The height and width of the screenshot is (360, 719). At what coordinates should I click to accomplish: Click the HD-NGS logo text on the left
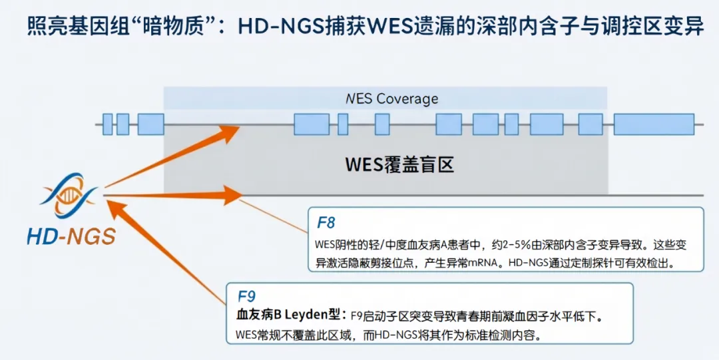71,236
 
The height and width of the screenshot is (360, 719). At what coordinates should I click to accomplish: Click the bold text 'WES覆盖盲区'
399,164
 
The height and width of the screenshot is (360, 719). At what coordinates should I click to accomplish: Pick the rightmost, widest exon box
653,124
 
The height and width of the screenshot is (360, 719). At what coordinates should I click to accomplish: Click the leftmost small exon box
108,124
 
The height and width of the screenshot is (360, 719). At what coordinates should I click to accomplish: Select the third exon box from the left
151,124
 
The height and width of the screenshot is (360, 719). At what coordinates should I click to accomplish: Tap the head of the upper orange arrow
230,132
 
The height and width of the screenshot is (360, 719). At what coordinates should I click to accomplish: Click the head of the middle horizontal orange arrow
232,195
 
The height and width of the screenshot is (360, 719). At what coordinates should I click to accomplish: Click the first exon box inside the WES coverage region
312,124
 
